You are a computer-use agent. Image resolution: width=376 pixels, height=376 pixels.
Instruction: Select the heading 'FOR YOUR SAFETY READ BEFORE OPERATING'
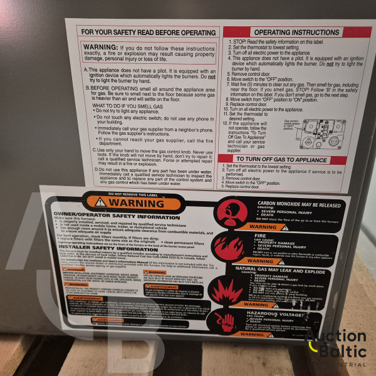[x=149, y=31]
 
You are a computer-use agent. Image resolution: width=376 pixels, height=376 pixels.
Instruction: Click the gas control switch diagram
[x=322, y=133]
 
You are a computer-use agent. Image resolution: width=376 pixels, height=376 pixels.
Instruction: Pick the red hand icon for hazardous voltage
[x=227, y=323]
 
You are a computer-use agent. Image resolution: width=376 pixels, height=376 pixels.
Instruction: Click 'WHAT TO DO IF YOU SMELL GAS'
[x=129, y=106]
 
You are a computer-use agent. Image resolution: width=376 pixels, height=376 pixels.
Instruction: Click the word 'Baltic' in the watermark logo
[x=343, y=351]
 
